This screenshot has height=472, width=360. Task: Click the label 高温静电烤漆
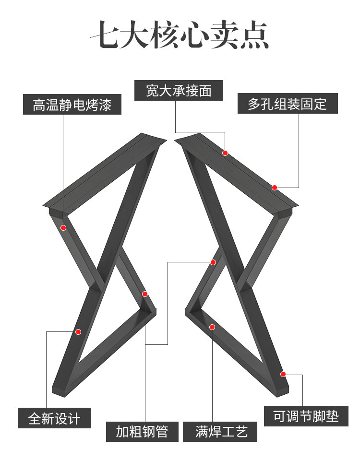click(72, 104)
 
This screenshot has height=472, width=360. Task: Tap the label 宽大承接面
click(179, 90)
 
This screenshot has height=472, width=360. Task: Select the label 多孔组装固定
click(288, 104)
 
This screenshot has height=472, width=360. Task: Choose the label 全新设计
click(54, 418)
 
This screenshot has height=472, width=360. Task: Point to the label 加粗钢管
click(142, 431)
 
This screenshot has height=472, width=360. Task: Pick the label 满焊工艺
click(220, 431)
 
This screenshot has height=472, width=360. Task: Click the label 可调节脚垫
click(306, 416)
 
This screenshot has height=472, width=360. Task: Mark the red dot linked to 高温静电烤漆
click(63, 228)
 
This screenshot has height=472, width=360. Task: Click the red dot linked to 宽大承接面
click(225, 153)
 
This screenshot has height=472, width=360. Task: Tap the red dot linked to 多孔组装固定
click(275, 188)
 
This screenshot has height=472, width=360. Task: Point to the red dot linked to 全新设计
click(78, 332)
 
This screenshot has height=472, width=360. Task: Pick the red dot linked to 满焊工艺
click(212, 327)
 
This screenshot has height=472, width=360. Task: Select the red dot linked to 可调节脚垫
click(283, 374)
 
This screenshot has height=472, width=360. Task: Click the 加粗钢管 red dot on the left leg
click(145, 294)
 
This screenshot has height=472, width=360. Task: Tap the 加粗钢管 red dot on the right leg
click(213, 262)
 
